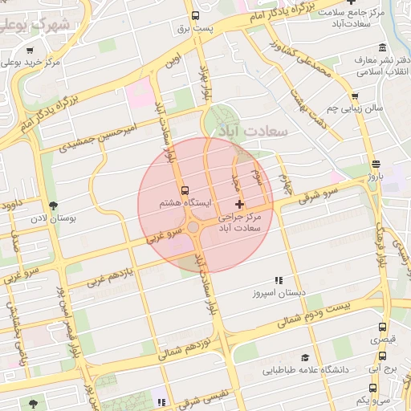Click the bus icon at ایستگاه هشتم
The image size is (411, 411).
click(x=186, y=191)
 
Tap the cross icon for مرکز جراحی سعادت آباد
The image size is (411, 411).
click(x=238, y=205)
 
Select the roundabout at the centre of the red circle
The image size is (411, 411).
click(x=193, y=228)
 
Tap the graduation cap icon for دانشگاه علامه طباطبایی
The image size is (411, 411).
click(x=305, y=357)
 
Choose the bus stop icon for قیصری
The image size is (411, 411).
click(x=382, y=328)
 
